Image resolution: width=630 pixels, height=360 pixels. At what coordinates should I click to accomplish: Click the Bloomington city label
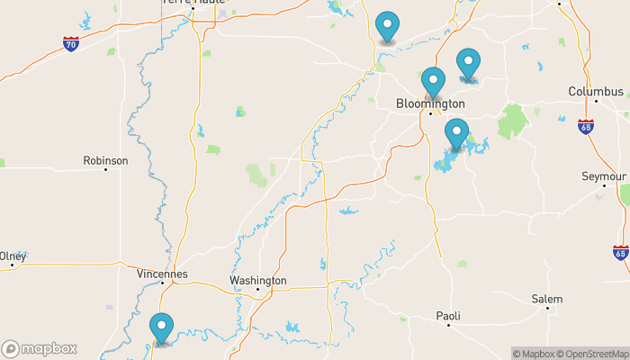tap(430, 104)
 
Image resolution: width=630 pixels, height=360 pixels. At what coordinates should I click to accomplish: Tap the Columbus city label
tap(596, 92)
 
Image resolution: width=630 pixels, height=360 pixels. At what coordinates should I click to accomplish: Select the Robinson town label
tap(105, 160)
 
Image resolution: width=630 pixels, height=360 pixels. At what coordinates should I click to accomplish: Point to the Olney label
tap(12, 256)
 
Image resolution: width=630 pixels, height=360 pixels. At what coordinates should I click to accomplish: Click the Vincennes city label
tap(162, 273)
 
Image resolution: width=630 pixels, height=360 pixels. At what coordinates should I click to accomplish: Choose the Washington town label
tap(257, 281)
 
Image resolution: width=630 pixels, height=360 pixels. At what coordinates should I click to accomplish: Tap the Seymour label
tap(604, 177)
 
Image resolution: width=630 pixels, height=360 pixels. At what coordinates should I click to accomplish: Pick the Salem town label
tap(546, 299)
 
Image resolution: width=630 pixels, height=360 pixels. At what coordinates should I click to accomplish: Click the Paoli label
tap(448, 316)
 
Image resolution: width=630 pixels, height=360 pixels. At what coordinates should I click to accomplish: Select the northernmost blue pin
tap(387, 26)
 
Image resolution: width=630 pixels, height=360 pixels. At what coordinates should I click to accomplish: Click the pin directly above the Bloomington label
tap(434, 82)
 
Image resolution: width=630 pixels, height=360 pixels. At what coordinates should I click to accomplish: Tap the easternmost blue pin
tap(468, 64)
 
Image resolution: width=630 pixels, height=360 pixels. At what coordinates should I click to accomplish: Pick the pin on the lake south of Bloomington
tap(456, 134)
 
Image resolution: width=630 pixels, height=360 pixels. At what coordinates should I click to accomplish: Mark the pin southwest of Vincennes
tap(162, 328)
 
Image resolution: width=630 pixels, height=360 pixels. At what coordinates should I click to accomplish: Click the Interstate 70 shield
tap(71, 42)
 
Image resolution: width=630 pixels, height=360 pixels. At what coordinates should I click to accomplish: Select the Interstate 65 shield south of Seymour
tap(620, 251)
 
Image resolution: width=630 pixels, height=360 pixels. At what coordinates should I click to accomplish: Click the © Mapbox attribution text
tap(535, 353)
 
